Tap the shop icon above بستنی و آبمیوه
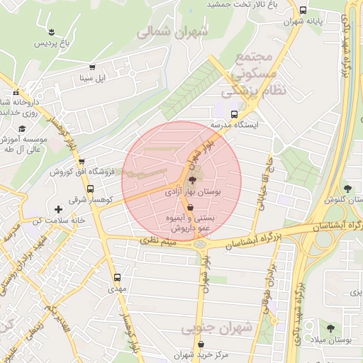click(x=190, y=208)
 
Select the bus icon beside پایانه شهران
click(x=303, y=11)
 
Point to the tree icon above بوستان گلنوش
click(x=347, y=188)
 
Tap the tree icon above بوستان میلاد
click(x=330, y=327)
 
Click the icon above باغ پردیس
click(x=51, y=30)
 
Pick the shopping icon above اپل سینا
click(x=92, y=67)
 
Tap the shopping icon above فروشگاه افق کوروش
click(x=80, y=161)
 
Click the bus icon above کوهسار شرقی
click(x=90, y=189)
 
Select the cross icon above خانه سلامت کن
click(x=58, y=209)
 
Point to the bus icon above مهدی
click(x=116, y=278)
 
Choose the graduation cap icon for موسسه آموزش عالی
click(x=22, y=128)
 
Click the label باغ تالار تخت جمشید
click(x=240, y=5)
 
